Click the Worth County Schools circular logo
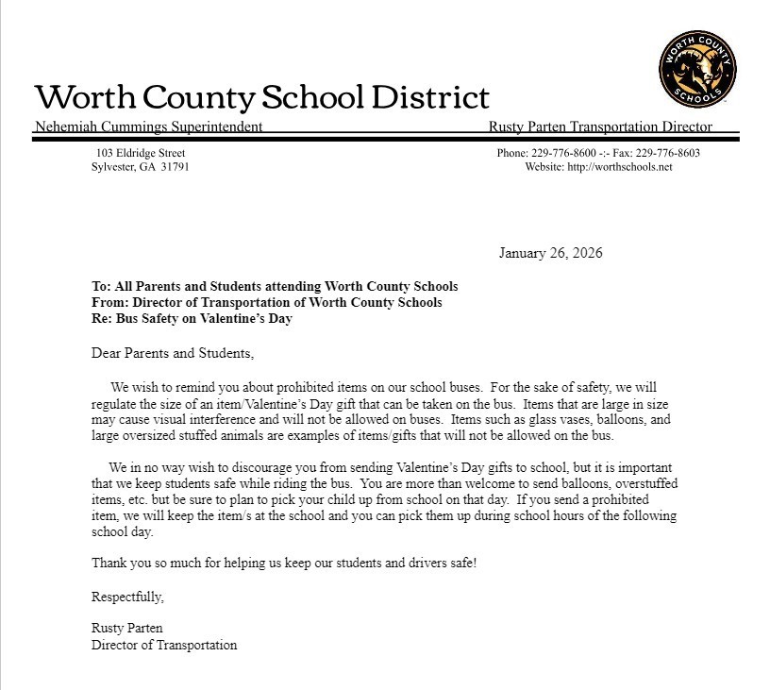click(697, 69)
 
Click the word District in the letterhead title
click(430, 97)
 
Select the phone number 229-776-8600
click(564, 153)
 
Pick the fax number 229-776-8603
click(667, 153)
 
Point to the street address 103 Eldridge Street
click(140, 153)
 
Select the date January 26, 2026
click(550, 253)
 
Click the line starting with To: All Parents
click(275, 286)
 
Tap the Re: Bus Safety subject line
click(192, 318)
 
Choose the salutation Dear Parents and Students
click(173, 353)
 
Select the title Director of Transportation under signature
click(164, 645)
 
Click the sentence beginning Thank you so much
click(284, 563)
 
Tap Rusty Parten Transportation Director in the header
click(600, 126)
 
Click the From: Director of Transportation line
click(266, 302)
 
